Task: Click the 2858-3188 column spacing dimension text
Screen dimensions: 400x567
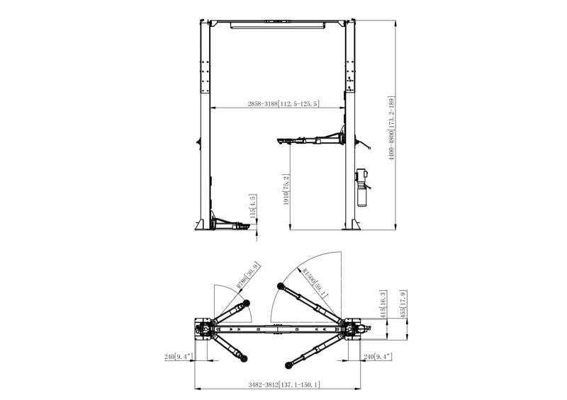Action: pos(283,104)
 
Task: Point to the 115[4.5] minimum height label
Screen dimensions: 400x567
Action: pos(252,207)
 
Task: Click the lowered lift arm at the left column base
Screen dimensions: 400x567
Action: pos(230,226)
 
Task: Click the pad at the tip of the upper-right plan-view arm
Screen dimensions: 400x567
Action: pos(281,286)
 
